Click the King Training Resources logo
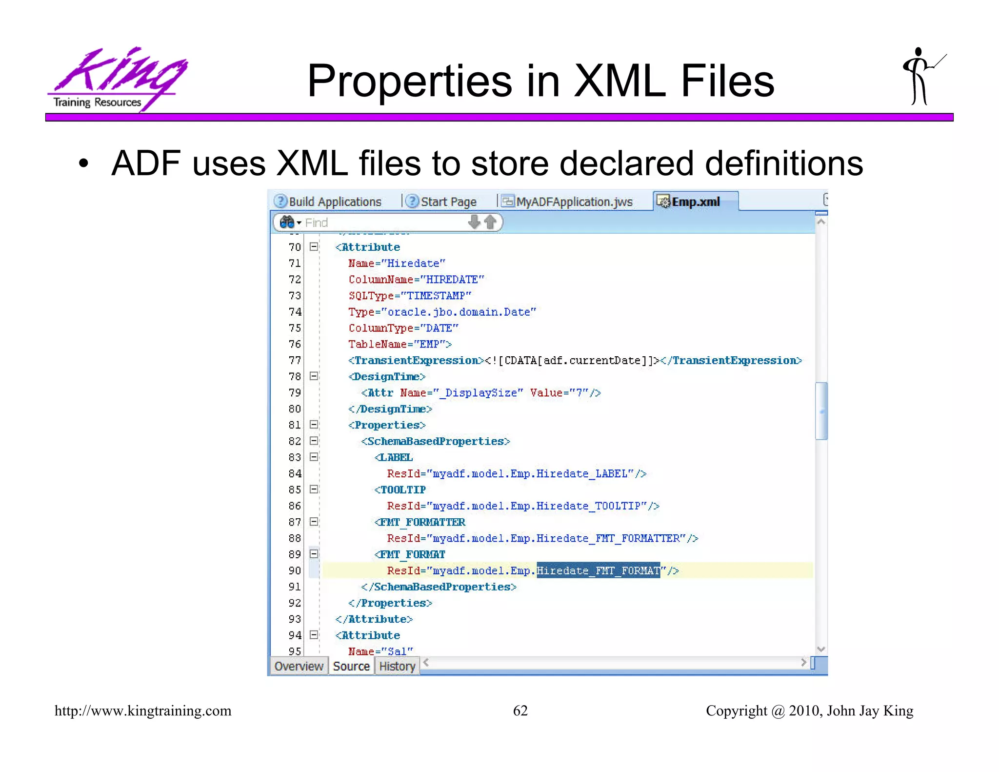[x=117, y=78]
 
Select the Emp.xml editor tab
[x=695, y=202]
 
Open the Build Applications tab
[x=334, y=202]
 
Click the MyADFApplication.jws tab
[x=574, y=202]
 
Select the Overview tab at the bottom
[x=299, y=666]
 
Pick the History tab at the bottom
[x=397, y=666]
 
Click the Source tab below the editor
[x=351, y=666]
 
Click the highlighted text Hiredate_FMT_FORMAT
[x=598, y=570]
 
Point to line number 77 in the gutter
[x=295, y=360]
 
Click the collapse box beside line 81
[x=314, y=425]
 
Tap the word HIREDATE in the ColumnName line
[x=452, y=280]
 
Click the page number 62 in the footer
[x=520, y=711]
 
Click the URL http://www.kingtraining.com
[x=143, y=711]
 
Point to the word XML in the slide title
[x=619, y=81]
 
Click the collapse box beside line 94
[x=314, y=635]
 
